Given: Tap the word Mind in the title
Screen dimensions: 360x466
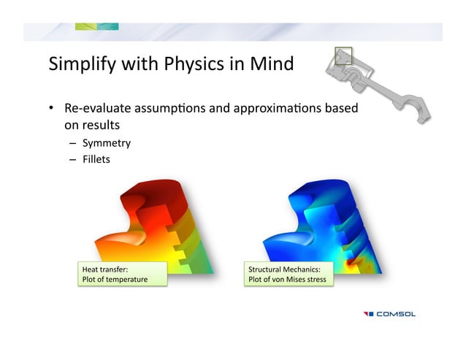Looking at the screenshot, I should click(270, 64).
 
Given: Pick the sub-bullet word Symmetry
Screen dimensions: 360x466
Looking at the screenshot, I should click(106, 142).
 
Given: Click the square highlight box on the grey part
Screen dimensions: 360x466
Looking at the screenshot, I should click(343, 56).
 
